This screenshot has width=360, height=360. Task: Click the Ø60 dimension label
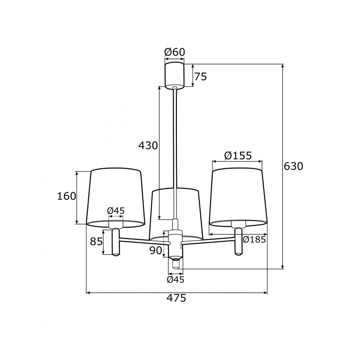[175, 52]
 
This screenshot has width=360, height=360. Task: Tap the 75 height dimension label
[201, 76]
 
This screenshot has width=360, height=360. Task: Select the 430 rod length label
[148, 145]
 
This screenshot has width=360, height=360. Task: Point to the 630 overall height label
[293, 166]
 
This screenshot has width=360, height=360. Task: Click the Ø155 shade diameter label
[238, 156]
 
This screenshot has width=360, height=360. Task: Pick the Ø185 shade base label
[254, 240]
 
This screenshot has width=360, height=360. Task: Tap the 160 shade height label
[66, 196]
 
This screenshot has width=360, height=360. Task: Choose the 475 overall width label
[176, 298]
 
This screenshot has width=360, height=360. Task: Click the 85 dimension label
[96, 242]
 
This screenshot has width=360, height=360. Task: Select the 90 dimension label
[156, 251]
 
